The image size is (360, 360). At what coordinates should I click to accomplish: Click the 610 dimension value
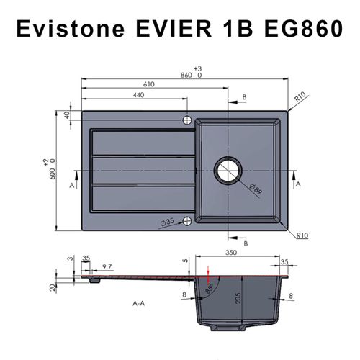tap(148, 84)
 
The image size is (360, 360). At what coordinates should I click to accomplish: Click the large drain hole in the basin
tap(230, 171)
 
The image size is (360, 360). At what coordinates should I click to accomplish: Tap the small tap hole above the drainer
tap(186, 120)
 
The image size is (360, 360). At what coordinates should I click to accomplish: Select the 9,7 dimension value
tap(107, 267)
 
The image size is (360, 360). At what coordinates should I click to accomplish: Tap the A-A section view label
tap(140, 304)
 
